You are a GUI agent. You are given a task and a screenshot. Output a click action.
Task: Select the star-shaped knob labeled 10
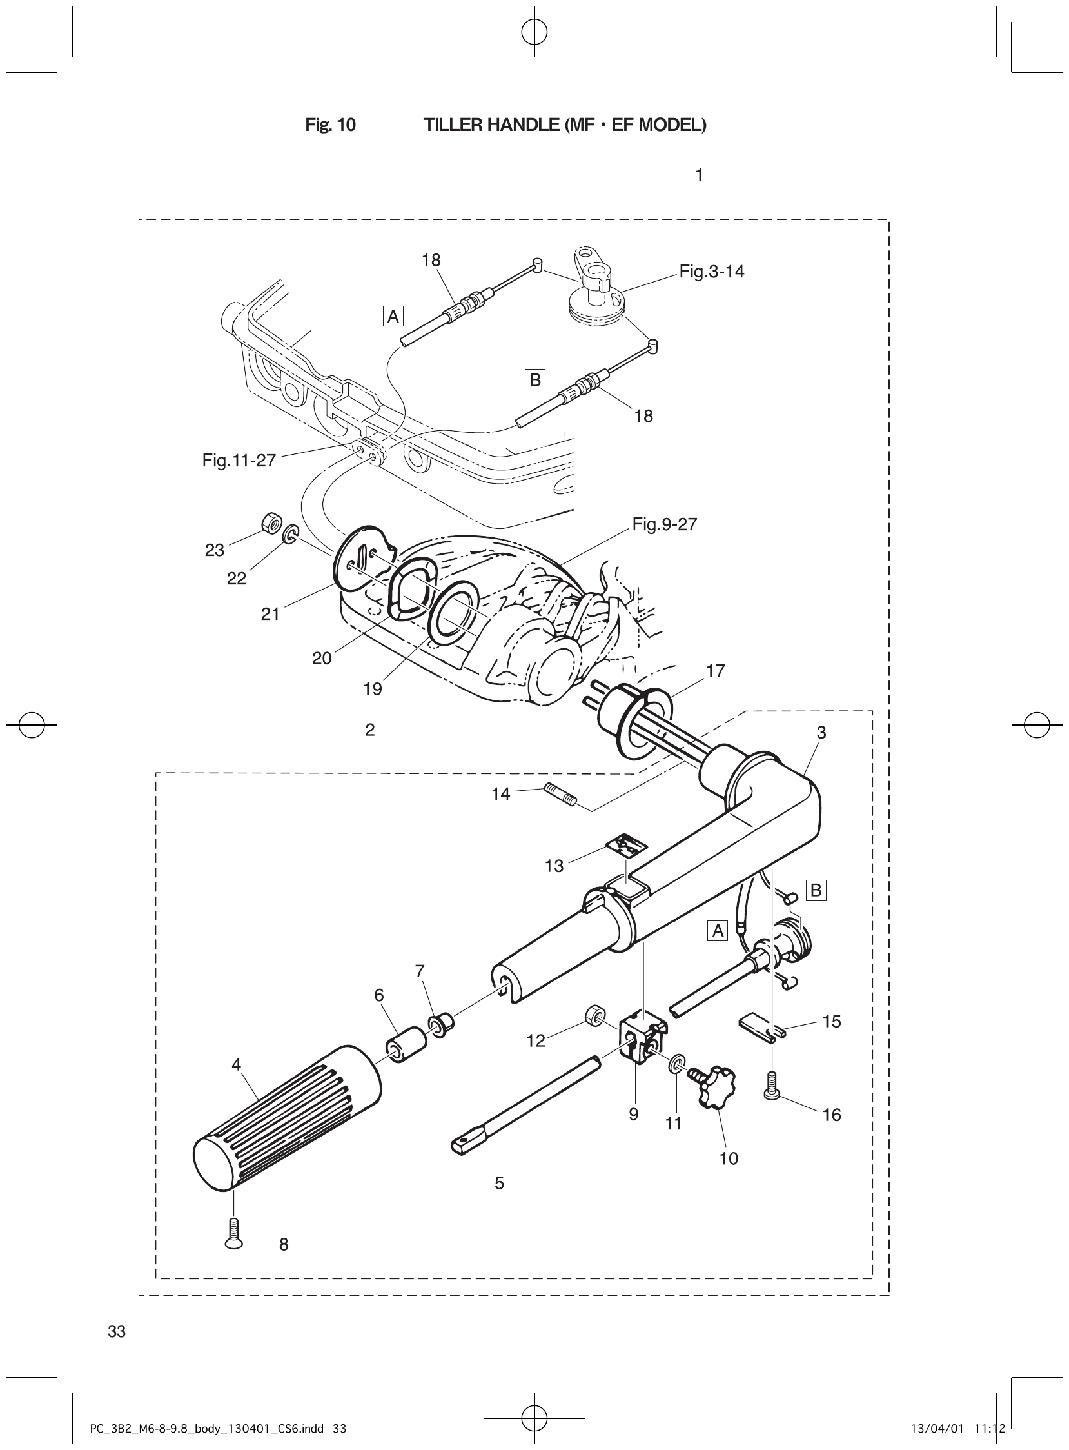point(712,1088)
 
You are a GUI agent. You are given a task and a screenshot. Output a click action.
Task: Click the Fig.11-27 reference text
point(239,461)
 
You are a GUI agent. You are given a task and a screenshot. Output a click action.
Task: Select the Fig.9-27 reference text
point(665,524)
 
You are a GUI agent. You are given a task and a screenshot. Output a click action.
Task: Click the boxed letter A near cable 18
point(393,317)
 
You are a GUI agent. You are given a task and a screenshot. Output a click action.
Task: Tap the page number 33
point(117,1331)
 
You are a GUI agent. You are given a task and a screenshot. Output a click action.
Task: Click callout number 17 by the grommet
point(715,671)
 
